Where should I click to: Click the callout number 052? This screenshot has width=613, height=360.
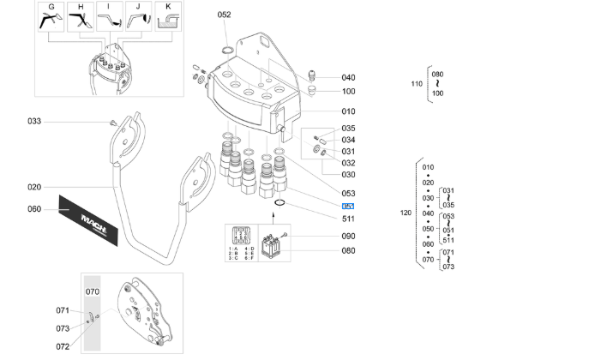pos(224,15)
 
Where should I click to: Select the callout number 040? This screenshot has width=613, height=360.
pos(348,78)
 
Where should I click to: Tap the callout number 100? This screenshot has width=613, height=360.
pos(348,92)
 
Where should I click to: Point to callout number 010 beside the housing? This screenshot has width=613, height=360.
pos(348,111)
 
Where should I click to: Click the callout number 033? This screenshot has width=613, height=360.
pos(34,121)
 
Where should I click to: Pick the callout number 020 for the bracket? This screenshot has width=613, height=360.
pos(34,187)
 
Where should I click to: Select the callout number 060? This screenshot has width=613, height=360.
pos(34,209)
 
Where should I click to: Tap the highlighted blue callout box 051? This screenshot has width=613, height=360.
pos(348,207)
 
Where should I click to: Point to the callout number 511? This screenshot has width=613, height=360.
pos(348,219)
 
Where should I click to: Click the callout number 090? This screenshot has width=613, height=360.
pos(348,236)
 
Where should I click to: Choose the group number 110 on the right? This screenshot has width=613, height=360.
pos(418,84)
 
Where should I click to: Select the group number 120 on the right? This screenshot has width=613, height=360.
pos(406,212)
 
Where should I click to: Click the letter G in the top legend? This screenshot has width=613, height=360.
pos(51,7)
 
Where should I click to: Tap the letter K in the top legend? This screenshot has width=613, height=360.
pos(168,7)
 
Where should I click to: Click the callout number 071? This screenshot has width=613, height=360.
pos(63,310)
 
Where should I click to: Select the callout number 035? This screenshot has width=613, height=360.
pos(348,129)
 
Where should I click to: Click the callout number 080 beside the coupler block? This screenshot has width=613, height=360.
pos(348,250)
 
